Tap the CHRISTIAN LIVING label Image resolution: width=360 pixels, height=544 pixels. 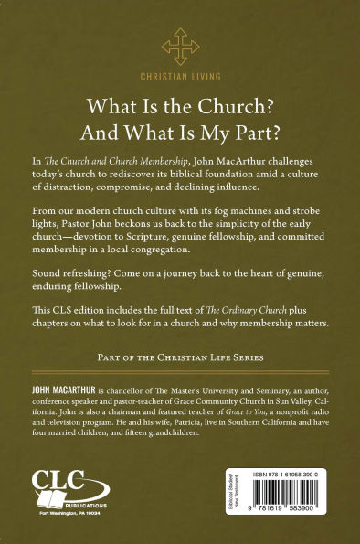[180, 80]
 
